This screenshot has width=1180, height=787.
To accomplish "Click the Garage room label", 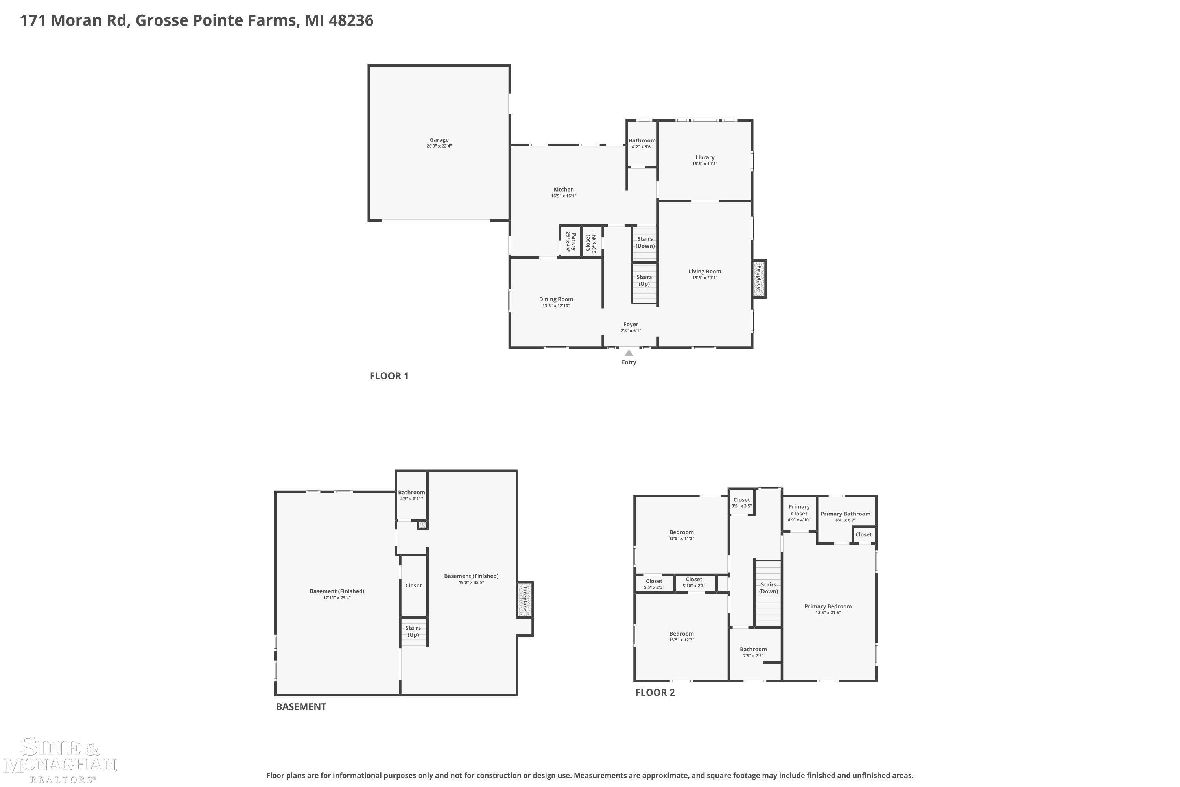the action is tap(439, 140).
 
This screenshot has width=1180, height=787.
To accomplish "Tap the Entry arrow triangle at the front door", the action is tap(629, 353).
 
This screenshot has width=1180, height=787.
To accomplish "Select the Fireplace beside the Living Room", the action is tap(759, 279).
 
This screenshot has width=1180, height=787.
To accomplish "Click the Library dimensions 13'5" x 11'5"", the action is tap(705, 164).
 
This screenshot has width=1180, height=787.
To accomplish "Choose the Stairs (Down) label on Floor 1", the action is tap(645, 242).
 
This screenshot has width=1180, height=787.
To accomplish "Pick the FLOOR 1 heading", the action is tap(389, 376).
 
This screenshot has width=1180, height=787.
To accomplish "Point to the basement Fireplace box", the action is tap(525, 599).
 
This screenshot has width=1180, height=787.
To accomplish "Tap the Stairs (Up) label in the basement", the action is tap(413, 632).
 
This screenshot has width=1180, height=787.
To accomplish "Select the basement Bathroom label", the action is tap(411, 492).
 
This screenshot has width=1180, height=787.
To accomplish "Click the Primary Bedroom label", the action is tap(828, 606).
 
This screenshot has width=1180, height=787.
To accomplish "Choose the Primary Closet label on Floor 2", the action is tap(799, 510).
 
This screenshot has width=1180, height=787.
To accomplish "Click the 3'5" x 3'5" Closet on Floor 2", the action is tap(741, 502).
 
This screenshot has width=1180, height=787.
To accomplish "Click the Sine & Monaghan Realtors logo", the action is tap(60, 760).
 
